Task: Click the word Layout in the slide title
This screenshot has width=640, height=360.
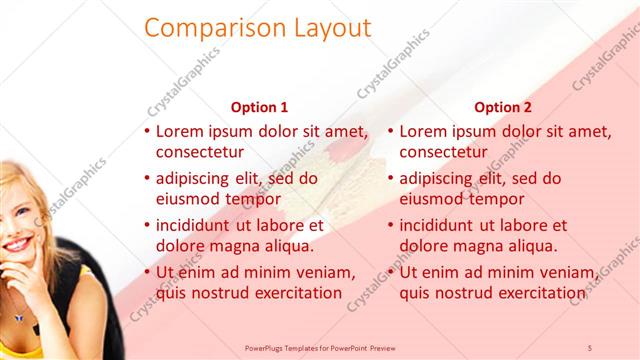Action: tap(322, 28)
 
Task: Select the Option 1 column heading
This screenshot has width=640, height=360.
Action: tap(259, 107)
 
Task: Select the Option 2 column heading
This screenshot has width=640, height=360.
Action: tap(503, 107)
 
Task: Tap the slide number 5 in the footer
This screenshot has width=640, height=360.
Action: tap(591, 346)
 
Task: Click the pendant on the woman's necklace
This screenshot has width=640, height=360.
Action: tap(20, 317)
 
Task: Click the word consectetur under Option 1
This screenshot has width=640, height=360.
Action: tap(200, 152)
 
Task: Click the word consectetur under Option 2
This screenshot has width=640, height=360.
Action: tap(444, 152)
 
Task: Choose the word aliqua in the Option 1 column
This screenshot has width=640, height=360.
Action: tap(289, 246)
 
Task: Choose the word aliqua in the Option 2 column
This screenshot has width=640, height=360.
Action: tap(532, 246)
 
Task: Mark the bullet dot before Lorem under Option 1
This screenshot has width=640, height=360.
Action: tap(147, 131)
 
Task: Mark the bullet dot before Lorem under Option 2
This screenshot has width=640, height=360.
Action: tap(390, 131)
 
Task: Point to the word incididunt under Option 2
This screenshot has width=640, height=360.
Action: tap(443, 225)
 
